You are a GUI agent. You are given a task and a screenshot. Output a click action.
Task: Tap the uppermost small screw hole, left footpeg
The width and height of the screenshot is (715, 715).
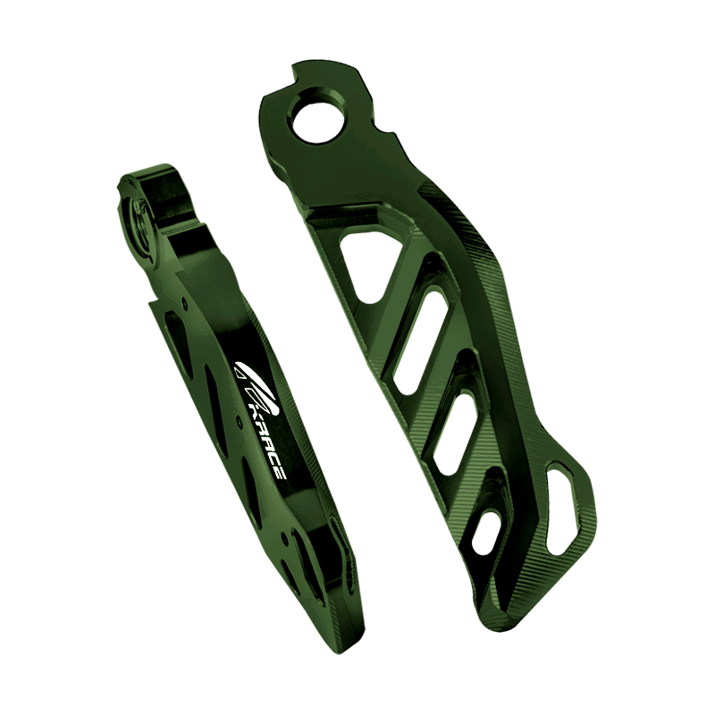point(184,300)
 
